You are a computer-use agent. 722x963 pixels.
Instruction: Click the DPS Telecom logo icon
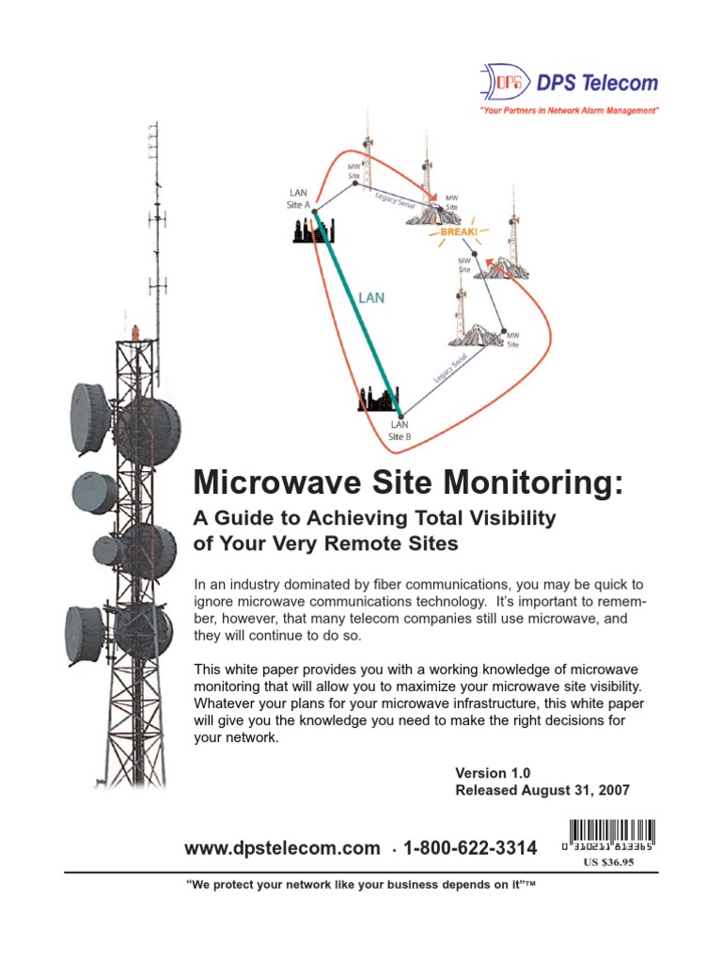tap(501, 83)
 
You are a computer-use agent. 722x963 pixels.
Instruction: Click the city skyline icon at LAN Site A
tap(314, 231)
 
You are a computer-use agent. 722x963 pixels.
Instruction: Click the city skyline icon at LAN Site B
tap(378, 402)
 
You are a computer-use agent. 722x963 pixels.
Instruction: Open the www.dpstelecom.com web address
tap(282, 848)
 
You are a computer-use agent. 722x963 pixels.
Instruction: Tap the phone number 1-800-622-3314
tap(469, 848)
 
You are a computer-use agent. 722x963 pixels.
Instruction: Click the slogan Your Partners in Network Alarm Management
tap(568, 110)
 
